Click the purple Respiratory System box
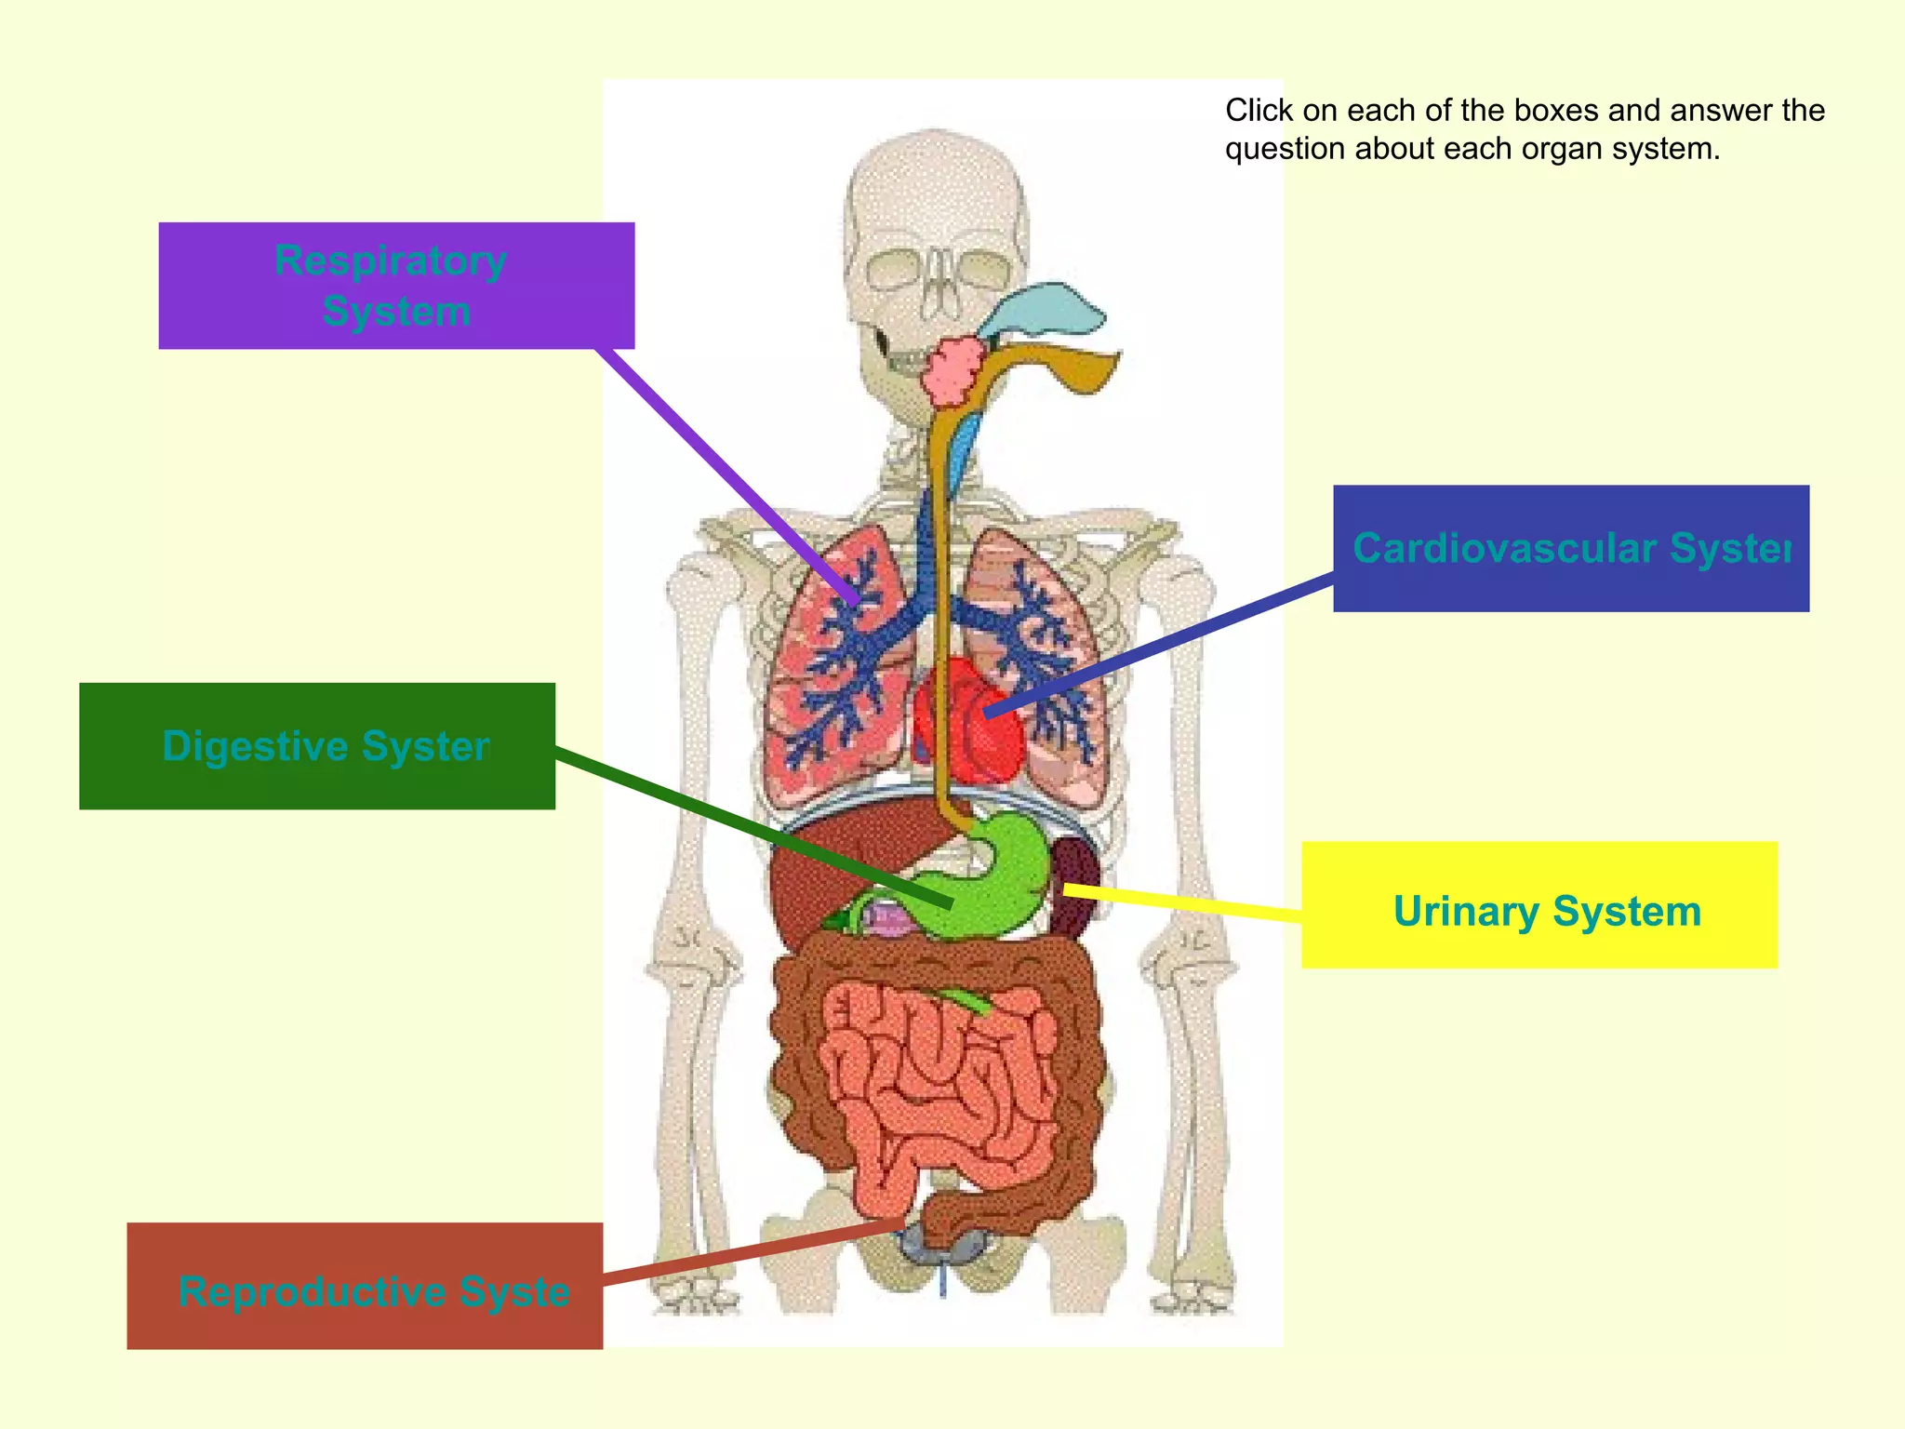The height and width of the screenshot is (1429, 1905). click(x=396, y=286)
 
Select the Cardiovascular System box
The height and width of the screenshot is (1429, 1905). click(x=1570, y=548)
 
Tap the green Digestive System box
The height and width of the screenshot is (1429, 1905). click(x=316, y=746)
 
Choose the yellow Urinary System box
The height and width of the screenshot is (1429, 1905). click(x=1539, y=905)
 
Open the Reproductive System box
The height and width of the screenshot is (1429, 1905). click(x=365, y=1286)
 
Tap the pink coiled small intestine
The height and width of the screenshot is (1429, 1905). click(x=939, y=1079)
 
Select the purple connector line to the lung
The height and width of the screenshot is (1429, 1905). click(x=726, y=474)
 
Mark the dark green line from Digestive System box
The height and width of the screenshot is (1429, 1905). click(x=744, y=823)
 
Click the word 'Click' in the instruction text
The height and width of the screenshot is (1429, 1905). click(x=1259, y=111)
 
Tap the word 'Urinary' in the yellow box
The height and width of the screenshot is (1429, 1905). click(x=1465, y=912)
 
